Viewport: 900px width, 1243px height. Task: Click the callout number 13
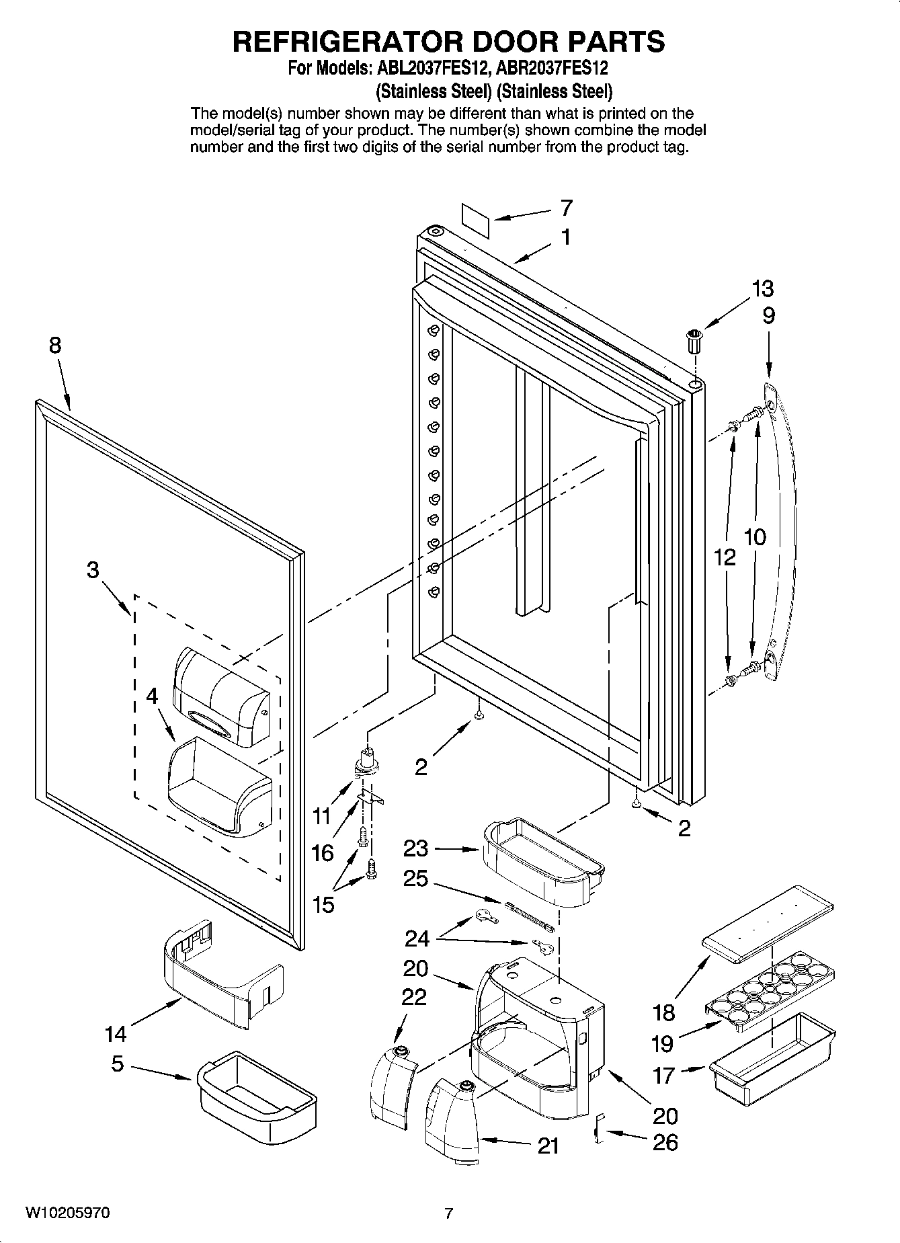click(x=762, y=289)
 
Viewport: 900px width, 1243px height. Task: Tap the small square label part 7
click(x=475, y=218)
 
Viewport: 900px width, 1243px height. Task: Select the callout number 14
click(x=116, y=1035)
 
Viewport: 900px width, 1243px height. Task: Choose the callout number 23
click(x=415, y=848)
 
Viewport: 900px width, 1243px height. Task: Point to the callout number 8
click(x=55, y=346)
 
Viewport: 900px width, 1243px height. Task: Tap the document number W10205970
click(x=68, y=1213)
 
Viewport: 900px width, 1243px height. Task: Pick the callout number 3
click(x=93, y=570)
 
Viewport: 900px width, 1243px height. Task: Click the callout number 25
click(x=415, y=879)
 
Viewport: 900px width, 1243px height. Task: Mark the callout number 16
click(x=323, y=853)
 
